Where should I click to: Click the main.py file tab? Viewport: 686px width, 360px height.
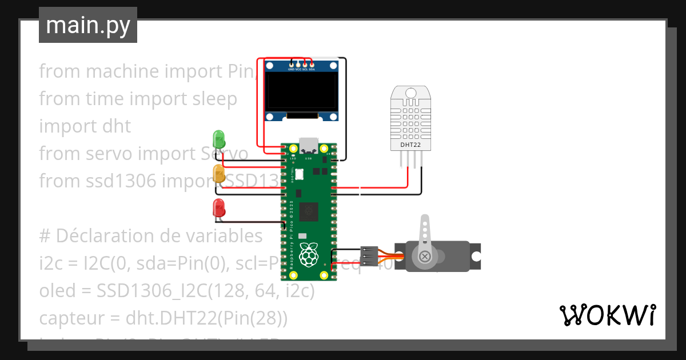coord(88,25)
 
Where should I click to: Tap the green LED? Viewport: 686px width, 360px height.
coord(219,139)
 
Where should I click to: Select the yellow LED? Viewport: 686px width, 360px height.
coord(219,173)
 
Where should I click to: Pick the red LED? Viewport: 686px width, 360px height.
coord(219,207)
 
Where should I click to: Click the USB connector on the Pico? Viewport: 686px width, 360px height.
coord(309,143)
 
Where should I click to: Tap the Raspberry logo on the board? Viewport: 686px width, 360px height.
coord(309,254)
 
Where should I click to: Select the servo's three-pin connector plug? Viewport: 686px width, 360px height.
coord(369,257)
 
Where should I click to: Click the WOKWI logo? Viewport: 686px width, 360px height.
coord(607,315)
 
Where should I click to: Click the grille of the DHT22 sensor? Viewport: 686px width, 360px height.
coord(410,117)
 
